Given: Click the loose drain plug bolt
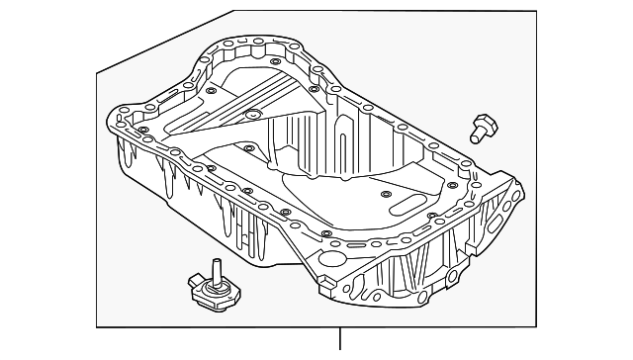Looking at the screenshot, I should point(483,126).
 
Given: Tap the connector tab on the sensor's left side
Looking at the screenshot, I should point(191,288).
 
